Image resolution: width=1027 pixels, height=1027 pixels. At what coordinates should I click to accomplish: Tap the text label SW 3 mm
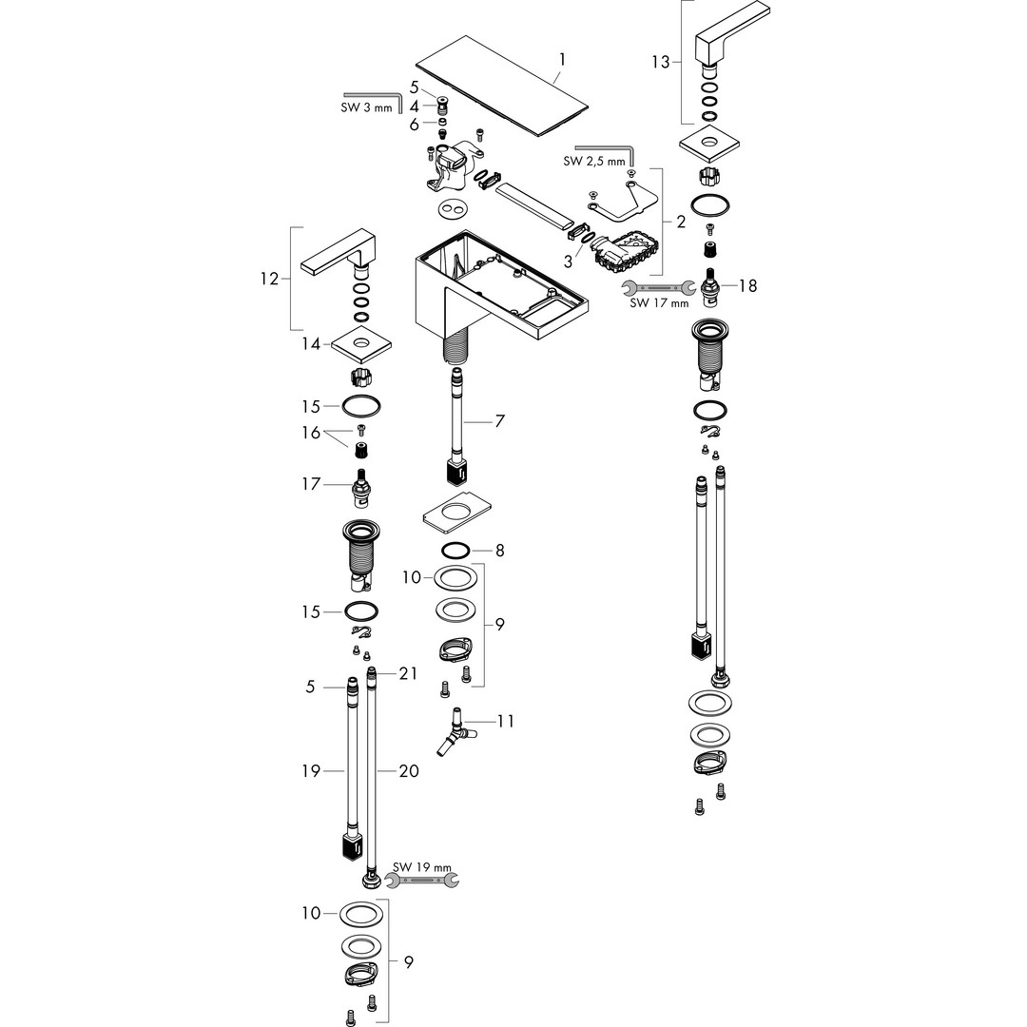(366, 107)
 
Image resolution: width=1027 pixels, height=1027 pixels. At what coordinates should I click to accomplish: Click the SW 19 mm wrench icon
(427, 882)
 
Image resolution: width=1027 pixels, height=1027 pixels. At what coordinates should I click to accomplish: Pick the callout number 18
(747, 285)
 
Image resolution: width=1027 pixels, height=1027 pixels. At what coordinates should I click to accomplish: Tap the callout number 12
(269, 279)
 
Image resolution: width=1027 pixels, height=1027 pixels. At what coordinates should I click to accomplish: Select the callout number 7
(499, 420)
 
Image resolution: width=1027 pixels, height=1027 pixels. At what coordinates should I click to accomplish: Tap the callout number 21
(408, 673)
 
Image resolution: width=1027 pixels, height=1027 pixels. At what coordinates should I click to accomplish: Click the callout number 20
(409, 771)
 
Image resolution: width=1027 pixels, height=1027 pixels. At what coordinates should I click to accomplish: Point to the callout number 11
(505, 721)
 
